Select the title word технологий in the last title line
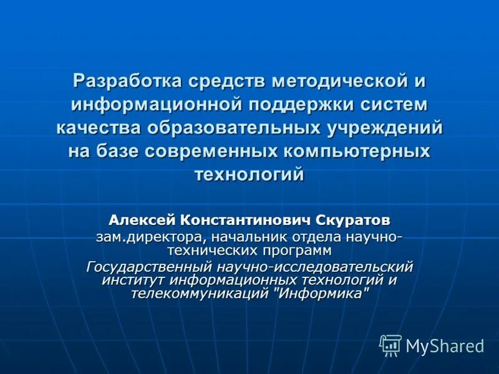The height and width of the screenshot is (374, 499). coord(249,175)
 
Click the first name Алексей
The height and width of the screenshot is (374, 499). coord(142,220)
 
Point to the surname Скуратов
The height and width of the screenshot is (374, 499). coord(354,220)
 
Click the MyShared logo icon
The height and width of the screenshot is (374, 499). coord(390,345)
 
